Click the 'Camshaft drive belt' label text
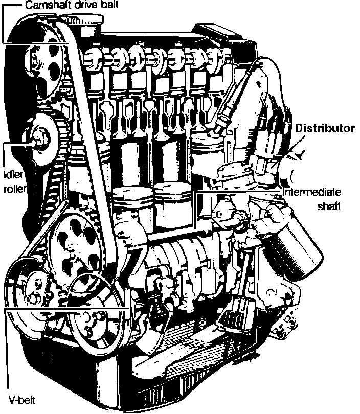[72, 5]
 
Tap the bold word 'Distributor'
[325, 128]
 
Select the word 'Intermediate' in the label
[312, 192]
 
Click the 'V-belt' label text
[21, 400]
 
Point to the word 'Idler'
[14, 174]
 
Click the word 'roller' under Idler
[15, 189]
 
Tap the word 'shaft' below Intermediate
[329, 206]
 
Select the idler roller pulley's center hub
[41, 140]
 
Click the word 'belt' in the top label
[108, 5]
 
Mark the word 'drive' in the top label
[82, 5]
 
